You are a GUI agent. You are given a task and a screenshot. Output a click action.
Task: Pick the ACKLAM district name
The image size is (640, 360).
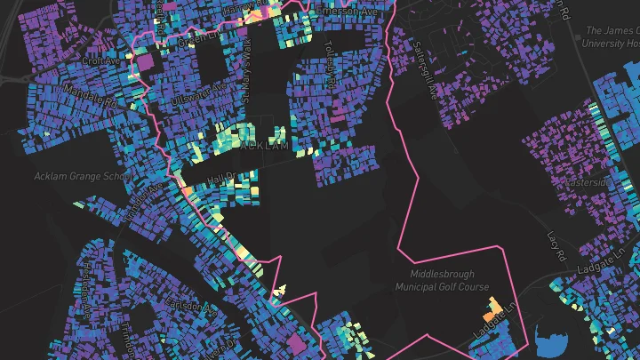[x=264, y=145]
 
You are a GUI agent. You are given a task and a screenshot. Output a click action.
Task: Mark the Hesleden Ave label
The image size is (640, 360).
[x=87, y=271]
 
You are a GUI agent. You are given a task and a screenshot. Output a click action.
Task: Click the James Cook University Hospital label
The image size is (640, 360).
[x=611, y=36]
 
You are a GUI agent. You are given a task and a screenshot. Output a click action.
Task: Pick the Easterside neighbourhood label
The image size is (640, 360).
[x=588, y=182]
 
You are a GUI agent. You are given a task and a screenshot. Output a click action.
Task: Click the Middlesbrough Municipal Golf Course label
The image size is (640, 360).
[x=449, y=280]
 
